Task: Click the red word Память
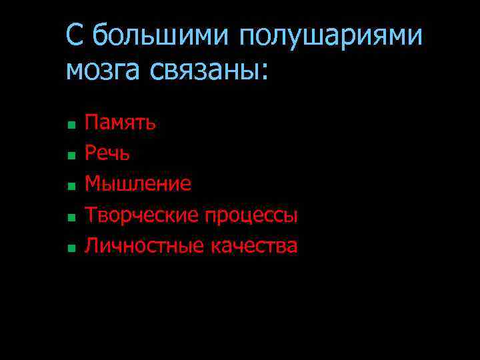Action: (121, 123)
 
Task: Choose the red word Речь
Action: (107, 153)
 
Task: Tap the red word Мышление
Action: (138, 184)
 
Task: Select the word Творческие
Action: (141, 215)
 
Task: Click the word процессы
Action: (251, 216)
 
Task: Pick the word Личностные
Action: (144, 246)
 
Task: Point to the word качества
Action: (254, 246)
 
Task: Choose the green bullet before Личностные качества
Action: (70, 248)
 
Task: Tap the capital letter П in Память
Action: (91, 123)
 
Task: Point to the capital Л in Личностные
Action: (92, 246)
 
